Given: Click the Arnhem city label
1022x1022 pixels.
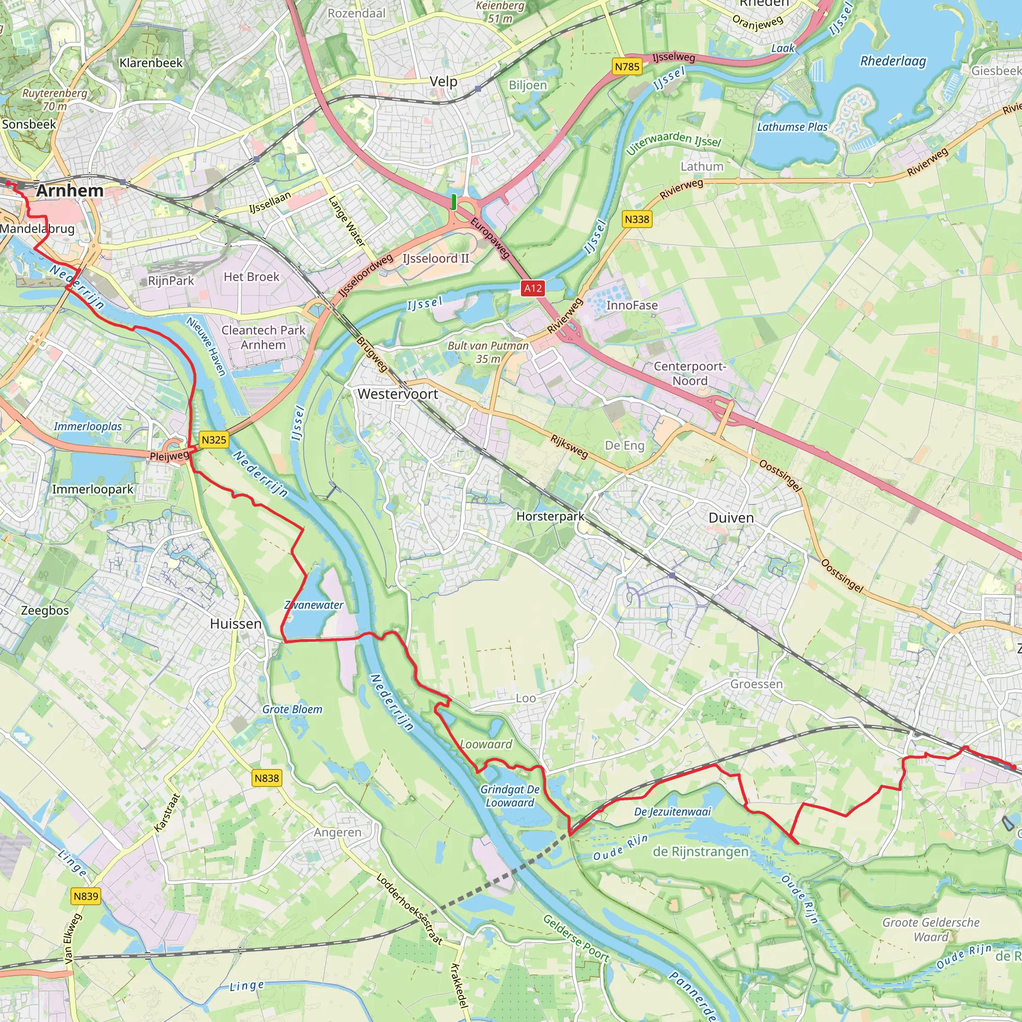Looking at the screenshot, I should pos(70,191).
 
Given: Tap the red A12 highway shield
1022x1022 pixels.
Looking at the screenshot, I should pos(532,288).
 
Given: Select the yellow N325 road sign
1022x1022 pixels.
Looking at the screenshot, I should pos(214,440).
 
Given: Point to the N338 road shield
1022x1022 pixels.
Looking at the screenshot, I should pos(637,219).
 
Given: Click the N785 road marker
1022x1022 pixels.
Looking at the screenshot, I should pos(627,67).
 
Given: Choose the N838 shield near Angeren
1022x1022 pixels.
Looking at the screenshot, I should pos(266,778).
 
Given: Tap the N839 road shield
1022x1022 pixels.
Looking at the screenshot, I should pos(86,896).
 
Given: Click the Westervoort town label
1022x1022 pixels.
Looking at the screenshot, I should pos(398,394).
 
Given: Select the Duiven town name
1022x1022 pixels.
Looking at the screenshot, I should pos(731,518).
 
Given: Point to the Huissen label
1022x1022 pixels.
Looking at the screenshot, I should pos(236,624).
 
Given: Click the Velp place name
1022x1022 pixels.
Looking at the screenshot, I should pos(443,81).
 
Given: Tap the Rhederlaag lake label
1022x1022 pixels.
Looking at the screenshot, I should pos(893,61).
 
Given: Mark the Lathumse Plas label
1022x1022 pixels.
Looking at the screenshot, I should pos(792,127).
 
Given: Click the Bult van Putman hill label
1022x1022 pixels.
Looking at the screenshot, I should pos(488,352).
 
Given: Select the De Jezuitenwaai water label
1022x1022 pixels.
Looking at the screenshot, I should pos(672,811).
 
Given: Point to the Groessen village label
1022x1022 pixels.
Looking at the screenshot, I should pos(757,684).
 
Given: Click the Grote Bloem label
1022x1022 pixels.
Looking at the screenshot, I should pos(292,710).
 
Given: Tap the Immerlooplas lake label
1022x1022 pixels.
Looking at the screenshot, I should pos(88,426).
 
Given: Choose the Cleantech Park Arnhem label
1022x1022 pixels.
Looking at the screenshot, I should pos(263,337).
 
